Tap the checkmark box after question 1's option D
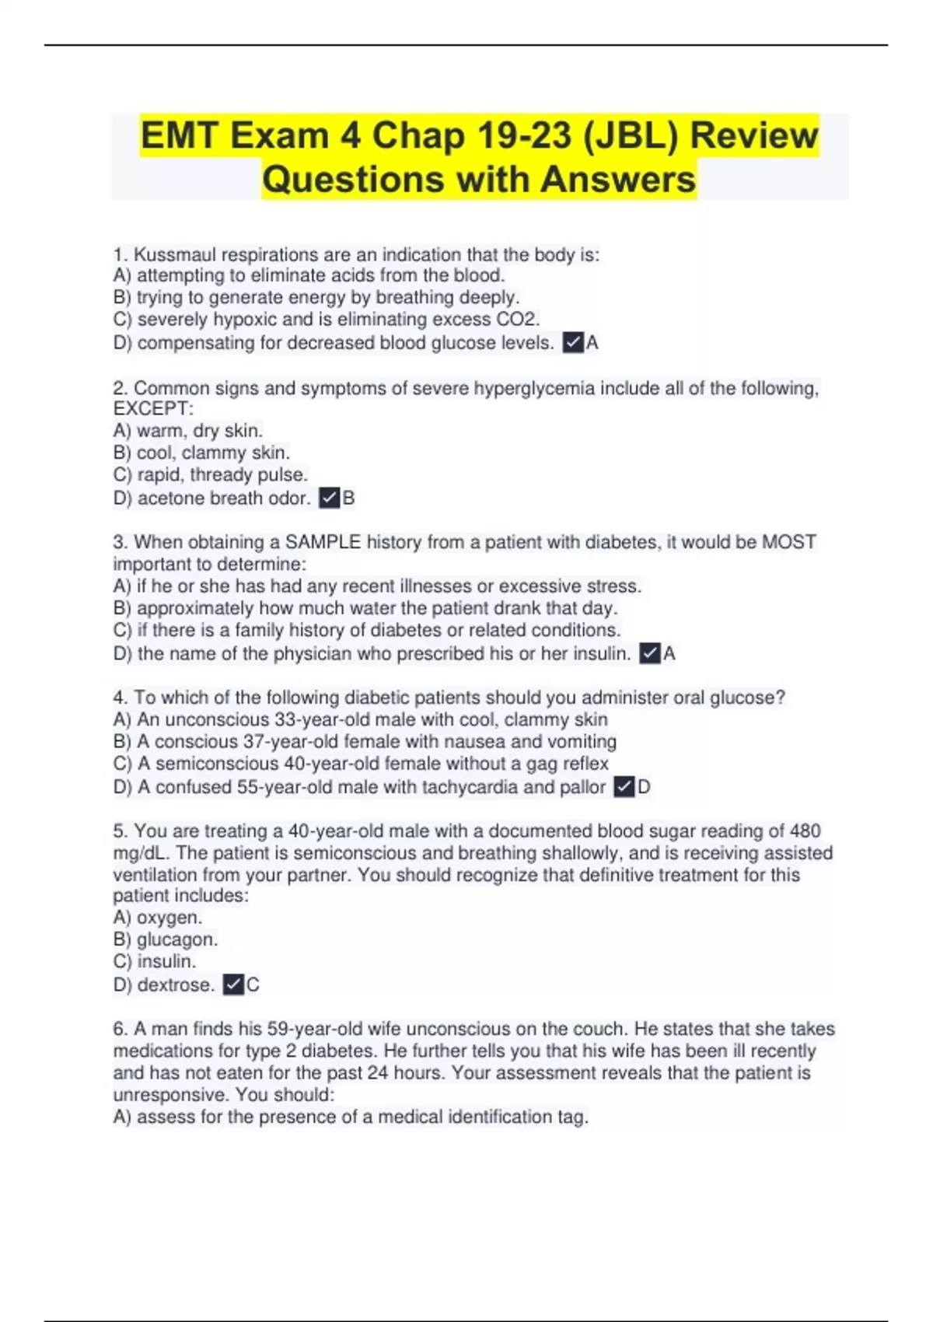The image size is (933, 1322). [573, 342]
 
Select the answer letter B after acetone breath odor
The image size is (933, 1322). [349, 498]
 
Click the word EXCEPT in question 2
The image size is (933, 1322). [152, 409]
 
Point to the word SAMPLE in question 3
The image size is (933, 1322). [323, 542]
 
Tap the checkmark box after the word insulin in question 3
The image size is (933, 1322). [650, 653]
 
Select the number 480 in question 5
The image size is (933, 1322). [805, 831]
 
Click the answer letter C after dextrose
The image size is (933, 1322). [253, 985]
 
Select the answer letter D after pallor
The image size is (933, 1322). [644, 787]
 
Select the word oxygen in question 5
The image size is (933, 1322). [168, 918]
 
